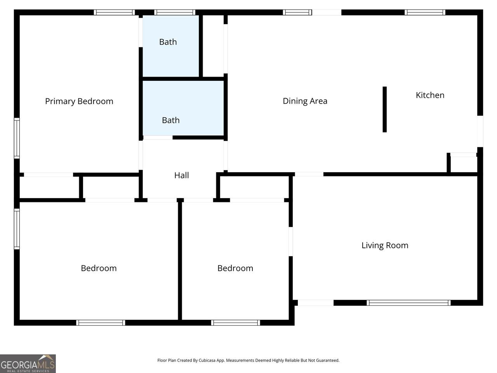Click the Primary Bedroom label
(x=79, y=101)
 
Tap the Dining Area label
(x=305, y=101)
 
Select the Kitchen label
(x=430, y=95)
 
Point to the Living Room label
(x=385, y=246)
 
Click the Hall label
(x=181, y=175)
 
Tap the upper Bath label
(x=168, y=42)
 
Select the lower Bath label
(x=171, y=120)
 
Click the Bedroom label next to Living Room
(x=235, y=268)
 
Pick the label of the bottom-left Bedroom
(x=99, y=268)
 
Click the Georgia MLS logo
(x=28, y=364)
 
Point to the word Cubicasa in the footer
(x=207, y=360)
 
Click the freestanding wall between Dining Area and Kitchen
(x=384, y=110)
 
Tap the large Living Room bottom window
(x=408, y=303)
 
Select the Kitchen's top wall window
(x=425, y=12)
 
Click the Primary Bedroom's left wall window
(x=17, y=138)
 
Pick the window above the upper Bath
(x=175, y=12)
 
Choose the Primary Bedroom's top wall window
(x=114, y=12)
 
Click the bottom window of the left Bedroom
(x=101, y=323)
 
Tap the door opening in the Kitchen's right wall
(x=480, y=131)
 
